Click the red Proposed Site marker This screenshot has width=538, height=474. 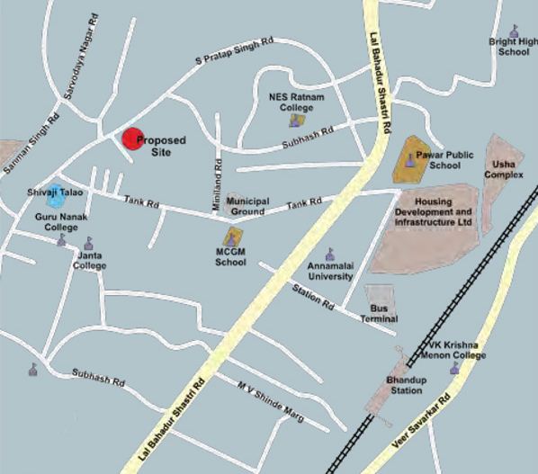pyautogui.click(x=132, y=139)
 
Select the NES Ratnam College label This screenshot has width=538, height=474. pyautogui.click(x=296, y=102)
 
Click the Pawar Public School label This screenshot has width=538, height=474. pyautogui.click(x=444, y=159)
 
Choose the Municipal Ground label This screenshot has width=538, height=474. pyautogui.click(x=246, y=206)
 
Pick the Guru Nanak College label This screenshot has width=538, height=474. pyautogui.click(x=56, y=222)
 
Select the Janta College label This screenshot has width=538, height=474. pyautogui.click(x=89, y=260)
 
